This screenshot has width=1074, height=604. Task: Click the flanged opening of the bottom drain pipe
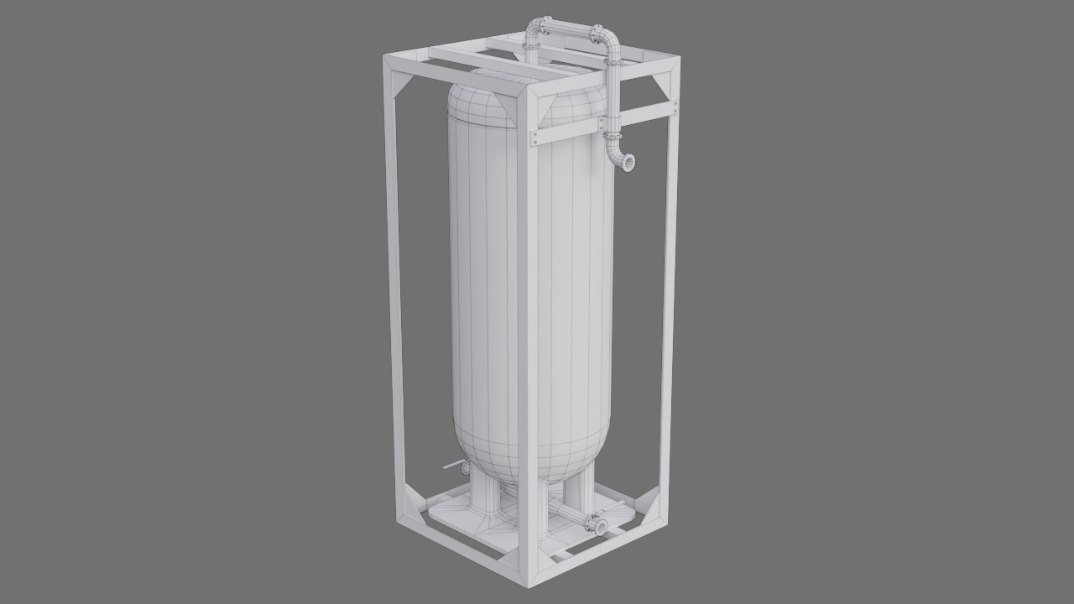pyautogui.click(x=600, y=526)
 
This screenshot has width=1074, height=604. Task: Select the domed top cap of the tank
pyautogui.click(x=524, y=96)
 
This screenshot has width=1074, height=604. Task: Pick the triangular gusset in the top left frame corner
pyautogui.click(x=400, y=83)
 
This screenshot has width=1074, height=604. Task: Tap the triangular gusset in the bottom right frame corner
pyautogui.click(x=647, y=503)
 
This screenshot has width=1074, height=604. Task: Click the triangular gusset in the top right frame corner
pyautogui.click(x=661, y=84)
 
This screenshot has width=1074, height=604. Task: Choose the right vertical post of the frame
pyautogui.click(x=669, y=319)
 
